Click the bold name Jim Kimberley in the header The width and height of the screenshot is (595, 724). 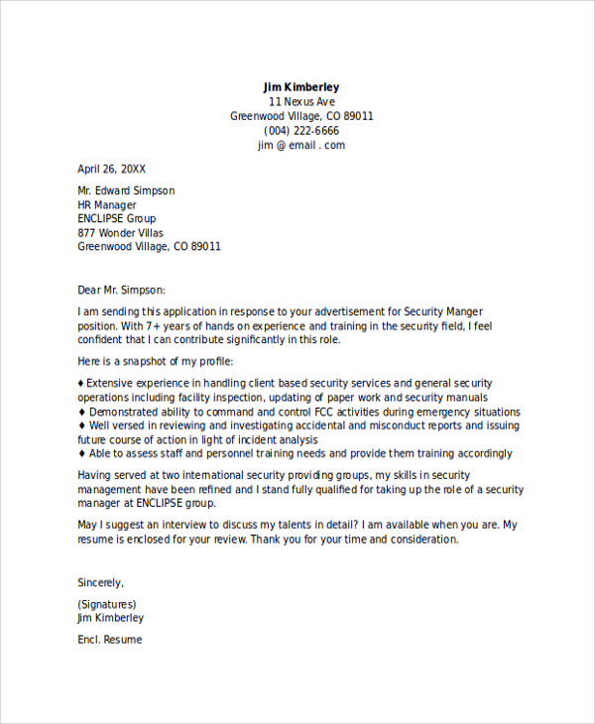[301, 87]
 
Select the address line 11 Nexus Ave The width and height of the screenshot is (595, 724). [301, 102]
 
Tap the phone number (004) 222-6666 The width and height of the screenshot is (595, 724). [301, 131]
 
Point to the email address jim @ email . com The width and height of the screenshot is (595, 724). [301, 145]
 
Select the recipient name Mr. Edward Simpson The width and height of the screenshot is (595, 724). [126, 190]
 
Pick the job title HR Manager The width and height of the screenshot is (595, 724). [107, 205]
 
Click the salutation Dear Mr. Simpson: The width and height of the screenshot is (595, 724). [122, 290]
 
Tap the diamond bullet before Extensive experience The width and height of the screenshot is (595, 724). [81, 383]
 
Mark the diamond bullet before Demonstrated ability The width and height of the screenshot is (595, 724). [81, 412]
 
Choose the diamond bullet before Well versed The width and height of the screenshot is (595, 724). [81, 425]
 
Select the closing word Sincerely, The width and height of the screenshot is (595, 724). [101, 582]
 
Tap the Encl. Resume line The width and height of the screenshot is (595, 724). [110, 640]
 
